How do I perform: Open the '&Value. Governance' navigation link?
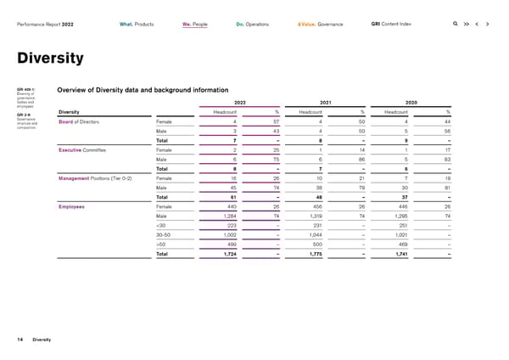click(320, 24)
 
